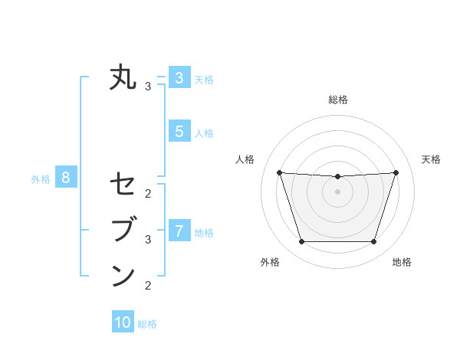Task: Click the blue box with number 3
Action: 179,77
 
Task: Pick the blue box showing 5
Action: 179,132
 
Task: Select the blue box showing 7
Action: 179,230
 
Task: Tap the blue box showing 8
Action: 66,178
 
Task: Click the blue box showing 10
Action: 123,322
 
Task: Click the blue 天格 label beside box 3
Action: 204,79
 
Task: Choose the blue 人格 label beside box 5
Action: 204,133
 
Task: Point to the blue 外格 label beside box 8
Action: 41,180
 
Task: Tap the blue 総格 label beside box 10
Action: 147,324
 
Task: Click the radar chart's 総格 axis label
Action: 337,100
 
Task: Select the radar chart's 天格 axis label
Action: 431,159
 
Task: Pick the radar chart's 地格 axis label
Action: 402,262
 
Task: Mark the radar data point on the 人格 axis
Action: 279,172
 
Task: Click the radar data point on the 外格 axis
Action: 301,242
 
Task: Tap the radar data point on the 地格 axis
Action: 373,242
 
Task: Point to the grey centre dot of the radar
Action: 337,191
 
